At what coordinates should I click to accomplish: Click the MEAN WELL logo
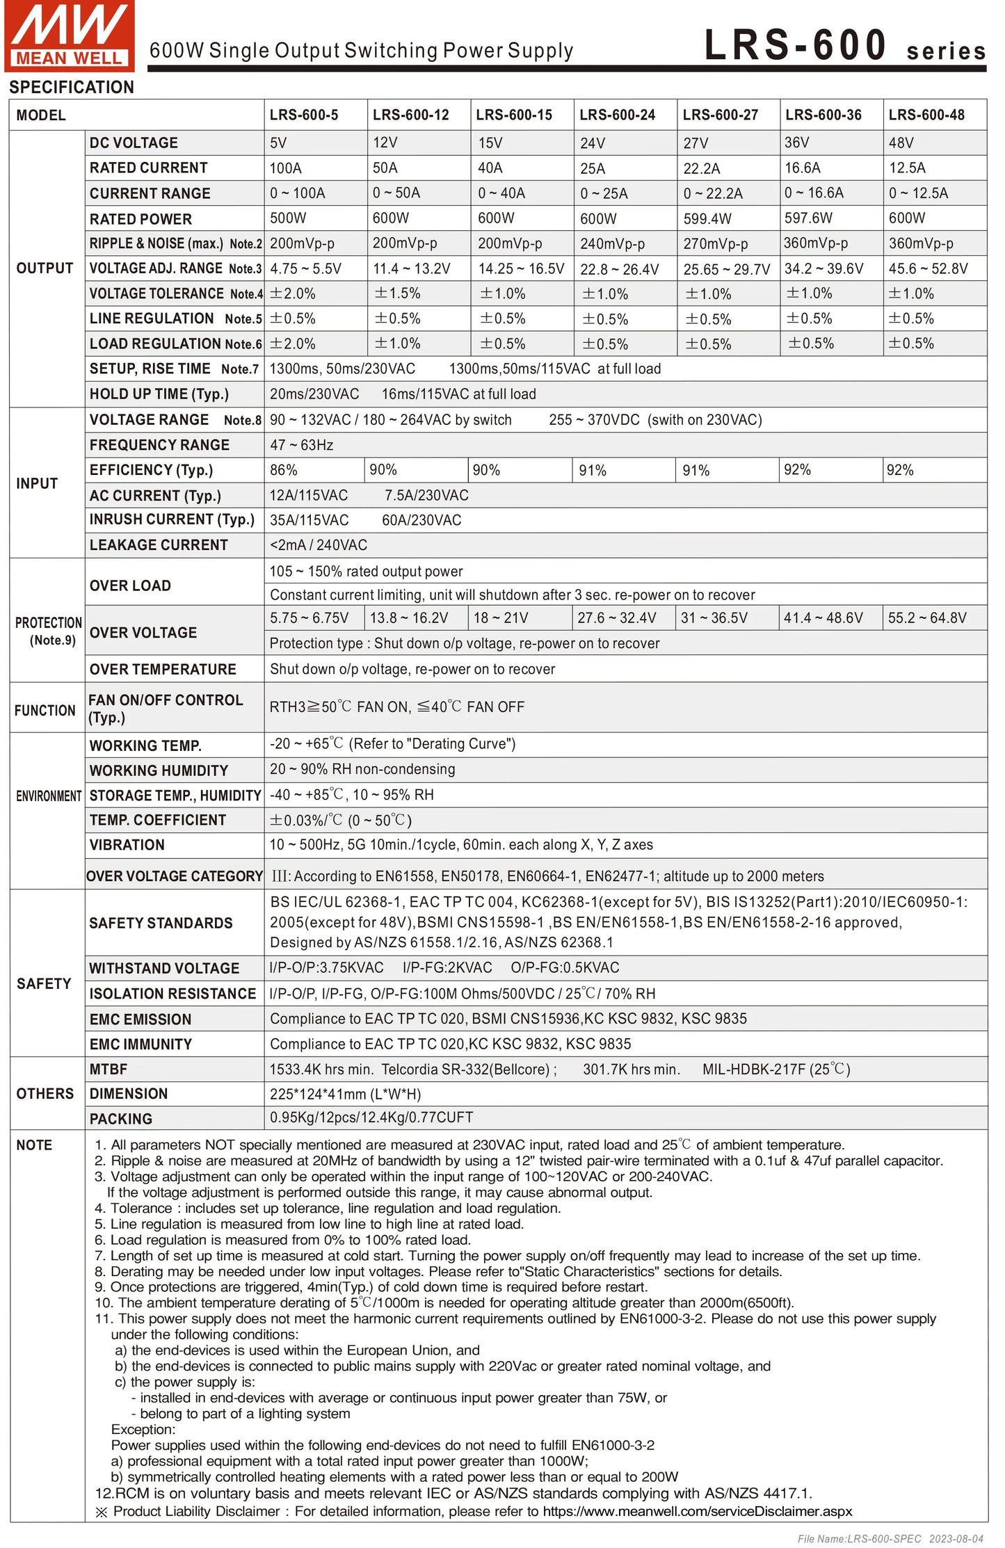tap(69, 35)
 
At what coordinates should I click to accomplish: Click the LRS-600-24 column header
tap(617, 115)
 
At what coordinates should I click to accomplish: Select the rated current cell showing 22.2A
tap(701, 168)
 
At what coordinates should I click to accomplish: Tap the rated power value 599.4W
tap(707, 218)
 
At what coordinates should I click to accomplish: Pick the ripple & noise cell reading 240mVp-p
tap(612, 244)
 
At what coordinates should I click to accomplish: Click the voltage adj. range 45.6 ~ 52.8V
tap(928, 268)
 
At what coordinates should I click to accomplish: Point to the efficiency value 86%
tap(284, 470)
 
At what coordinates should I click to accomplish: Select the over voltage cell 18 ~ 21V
tap(500, 618)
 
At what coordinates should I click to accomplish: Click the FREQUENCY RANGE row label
tap(159, 445)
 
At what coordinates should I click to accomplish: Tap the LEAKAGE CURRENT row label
tap(159, 545)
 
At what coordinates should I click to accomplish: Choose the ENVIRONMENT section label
tap(48, 796)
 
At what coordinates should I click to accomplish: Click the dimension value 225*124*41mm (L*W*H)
tap(345, 1094)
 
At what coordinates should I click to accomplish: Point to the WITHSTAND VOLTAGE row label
tap(164, 968)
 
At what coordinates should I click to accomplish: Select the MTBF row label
tap(108, 1069)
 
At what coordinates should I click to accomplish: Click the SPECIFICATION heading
tap(72, 88)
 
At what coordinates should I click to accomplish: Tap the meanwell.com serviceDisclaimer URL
tap(697, 1510)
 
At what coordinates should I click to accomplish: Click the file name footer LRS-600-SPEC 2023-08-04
tap(890, 1538)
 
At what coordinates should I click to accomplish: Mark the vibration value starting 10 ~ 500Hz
tap(460, 845)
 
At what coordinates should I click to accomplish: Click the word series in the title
tap(945, 51)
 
